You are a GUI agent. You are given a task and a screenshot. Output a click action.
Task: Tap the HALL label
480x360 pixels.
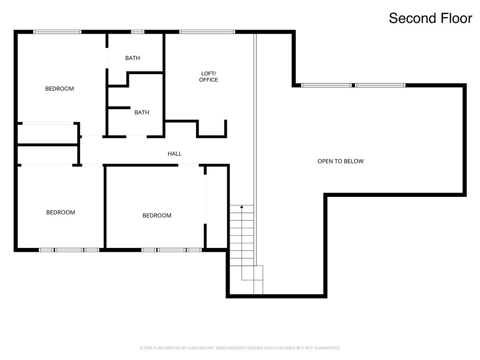[x=174, y=154]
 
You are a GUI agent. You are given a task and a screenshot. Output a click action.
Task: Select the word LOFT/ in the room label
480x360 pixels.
[x=209, y=74]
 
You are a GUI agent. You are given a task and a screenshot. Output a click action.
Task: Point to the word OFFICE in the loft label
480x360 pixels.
[x=209, y=80]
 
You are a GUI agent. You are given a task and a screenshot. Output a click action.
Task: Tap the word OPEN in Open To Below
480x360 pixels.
[x=324, y=161]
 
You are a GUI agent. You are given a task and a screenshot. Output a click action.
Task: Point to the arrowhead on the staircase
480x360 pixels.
[x=242, y=207]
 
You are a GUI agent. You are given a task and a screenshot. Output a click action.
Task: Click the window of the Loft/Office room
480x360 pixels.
[x=207, y=32]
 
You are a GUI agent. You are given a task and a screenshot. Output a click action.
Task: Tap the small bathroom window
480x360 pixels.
[x=138, y=32]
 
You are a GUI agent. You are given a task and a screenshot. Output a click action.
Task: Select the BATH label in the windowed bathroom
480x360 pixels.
[x=133, y=58]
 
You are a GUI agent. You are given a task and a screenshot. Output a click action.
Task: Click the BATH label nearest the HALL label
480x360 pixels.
[x=142, y=112]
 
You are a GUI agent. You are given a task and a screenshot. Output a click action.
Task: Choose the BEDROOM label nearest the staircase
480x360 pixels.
[x=157, y=216]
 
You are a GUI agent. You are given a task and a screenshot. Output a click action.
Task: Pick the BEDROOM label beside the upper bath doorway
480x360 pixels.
[x=60, y=89]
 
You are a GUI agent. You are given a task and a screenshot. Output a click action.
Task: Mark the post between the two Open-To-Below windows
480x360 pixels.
[x=353, y=85]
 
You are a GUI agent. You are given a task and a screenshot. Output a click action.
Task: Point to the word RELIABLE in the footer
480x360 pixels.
[x=286, y=348]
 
